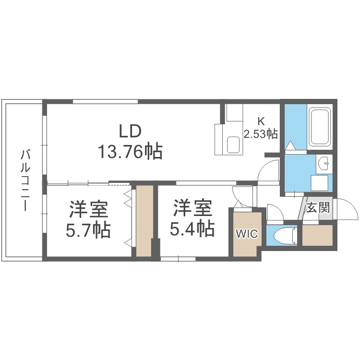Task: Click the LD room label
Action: [x=130, y=131]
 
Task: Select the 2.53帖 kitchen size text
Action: [x=261, y=133]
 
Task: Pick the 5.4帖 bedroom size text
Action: [x=192, y=229]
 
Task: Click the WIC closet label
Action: [x=246, y=234]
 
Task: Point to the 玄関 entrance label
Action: [x=317, y=207]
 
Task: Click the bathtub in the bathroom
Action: [x=319, y=127]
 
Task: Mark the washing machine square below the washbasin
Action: [x=320, y=183]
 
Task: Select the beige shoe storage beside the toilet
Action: [x=318, y=235]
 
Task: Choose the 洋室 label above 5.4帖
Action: [x=192, y=208]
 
